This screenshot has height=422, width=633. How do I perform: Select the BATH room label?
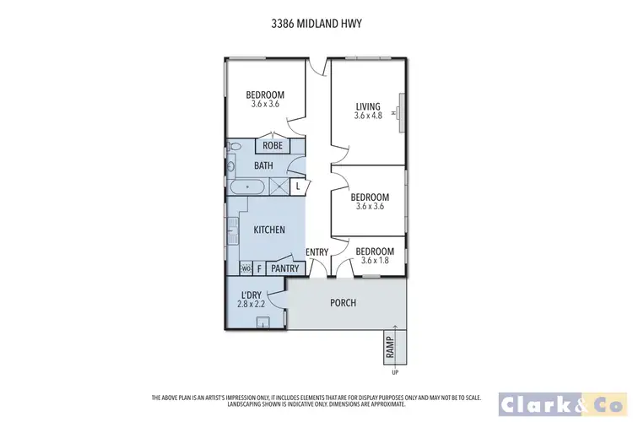[263, 165]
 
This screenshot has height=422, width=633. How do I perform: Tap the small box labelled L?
[298, 186]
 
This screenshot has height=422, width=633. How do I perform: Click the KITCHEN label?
[269, 230]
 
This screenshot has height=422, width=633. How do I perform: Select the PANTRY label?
[285, 268]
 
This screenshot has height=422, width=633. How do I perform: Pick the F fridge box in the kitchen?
[259, 268]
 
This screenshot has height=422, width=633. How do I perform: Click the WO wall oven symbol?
[246, 268]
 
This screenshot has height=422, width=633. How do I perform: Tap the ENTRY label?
[316, 252]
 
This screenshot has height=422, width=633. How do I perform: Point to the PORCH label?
[344, 303]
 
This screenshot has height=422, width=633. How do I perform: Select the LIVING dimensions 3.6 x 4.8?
[368, 116]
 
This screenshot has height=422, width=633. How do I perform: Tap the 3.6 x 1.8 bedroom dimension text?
[374, 261]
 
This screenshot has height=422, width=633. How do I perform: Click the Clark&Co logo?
[559, 403]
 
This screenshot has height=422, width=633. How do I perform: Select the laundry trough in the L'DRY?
[264, 322]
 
